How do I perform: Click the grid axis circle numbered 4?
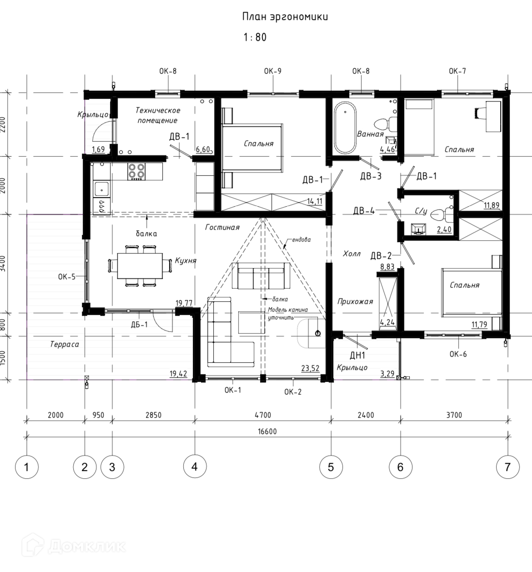(x=195, y=467)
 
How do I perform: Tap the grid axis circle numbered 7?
(x=508, y=467)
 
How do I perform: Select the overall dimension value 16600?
(x=267, y=431)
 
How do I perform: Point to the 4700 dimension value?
(x=263, y=415)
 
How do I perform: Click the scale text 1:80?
(x=255, y=37)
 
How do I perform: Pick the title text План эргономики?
(x=285, y=17)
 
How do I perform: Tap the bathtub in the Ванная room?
(x=345, y=127)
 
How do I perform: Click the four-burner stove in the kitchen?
(x=136, y=172)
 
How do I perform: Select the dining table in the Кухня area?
(x=140, y=266)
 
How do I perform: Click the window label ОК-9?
(x=273, y=71)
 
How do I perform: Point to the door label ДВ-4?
(x=364, y=211)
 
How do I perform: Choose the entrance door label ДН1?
(x=357, y=355)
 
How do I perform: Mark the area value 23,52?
(x=310, y=368)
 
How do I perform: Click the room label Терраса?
(x=65, y=344)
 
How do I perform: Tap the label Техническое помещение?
(x=158, y=115)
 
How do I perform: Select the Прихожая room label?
(x=355, y=302)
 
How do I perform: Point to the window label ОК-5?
(x=67, y=277)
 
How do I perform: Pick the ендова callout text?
(x=301, y=239)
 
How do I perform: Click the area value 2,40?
(x=444, y=229)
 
